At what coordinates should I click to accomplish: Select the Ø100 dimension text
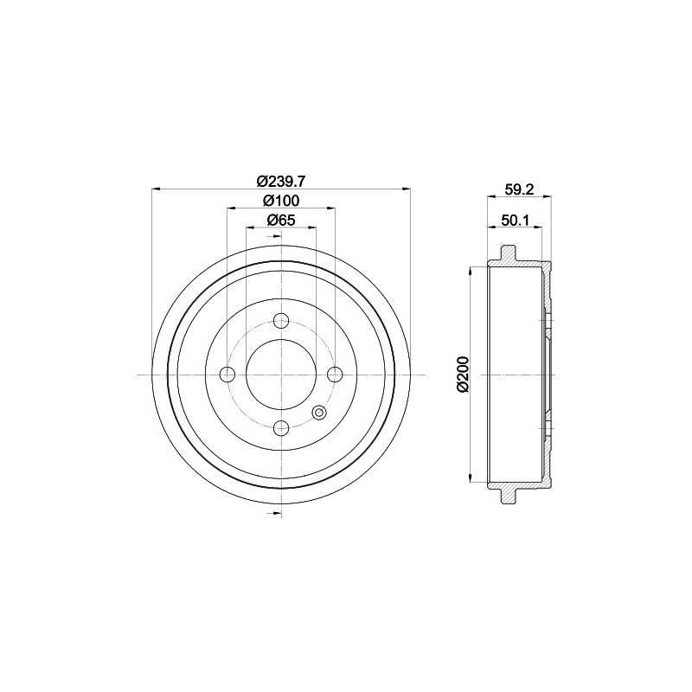pyautogui.click(x=279, y=200)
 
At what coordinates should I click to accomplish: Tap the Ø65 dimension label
pyautogui.click(x=279, y=220)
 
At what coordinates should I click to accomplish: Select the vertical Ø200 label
pyautogui.click(x=463, y=374)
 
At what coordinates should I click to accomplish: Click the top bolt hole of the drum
pyautogui.click(x=280, y=322)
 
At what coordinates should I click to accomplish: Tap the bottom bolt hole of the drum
pyautogui.click(x=280, y=427)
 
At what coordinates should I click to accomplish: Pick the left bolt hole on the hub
pyautogui.click(x=227, y=375)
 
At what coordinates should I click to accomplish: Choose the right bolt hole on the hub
pyautogui.click(x=333, y=375)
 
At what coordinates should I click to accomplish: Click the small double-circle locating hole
pyautogui.click(x=318, y=412)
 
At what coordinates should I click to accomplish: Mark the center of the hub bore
pyautogui.click(x=280, y=375)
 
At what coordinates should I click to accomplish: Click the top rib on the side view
pyautogui.click(x=508, y=254)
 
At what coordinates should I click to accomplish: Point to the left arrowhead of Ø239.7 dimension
pyautogui.click(x=157, y=189)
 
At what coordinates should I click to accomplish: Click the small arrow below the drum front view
pyautogui.click(x=277, y=515)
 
